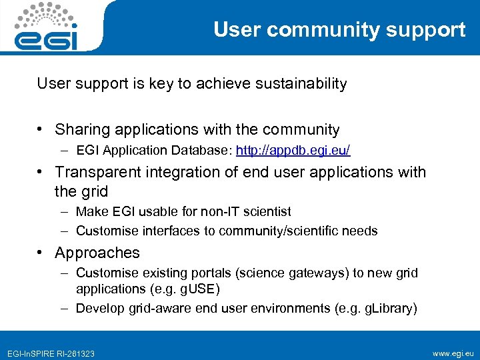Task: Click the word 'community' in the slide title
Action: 326,30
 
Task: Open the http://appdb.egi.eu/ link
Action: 293,151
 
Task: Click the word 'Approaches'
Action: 97,253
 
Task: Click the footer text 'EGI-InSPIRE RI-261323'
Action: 51,353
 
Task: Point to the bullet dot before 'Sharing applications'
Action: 41,130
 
